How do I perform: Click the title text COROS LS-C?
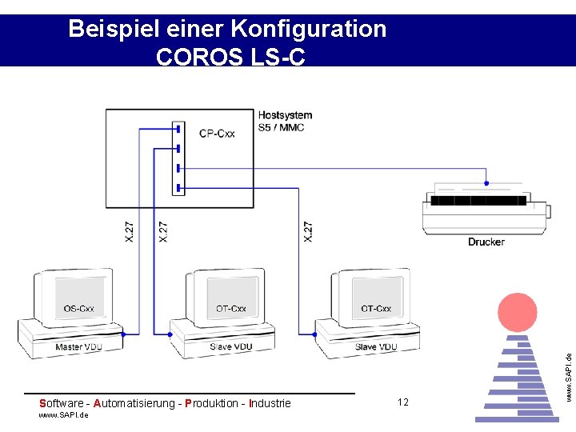tap(230, 57)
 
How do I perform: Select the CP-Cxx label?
tap(217, 134)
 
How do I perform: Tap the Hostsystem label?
tap(285, 116)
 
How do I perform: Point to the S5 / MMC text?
tap(281, 128)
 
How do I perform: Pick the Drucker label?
tap(486, 242)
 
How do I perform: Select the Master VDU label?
tap(79, 347)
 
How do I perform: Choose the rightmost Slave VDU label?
tap(376, 347)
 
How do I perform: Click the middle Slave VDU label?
tap(231, 347)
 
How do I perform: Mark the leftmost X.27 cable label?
tap(130, 232)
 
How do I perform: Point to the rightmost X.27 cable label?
tap(309, 232)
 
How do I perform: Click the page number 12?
tap(402, 402)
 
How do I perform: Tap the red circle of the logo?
tap(518, 313)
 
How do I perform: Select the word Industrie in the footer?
tap(270, 403)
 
